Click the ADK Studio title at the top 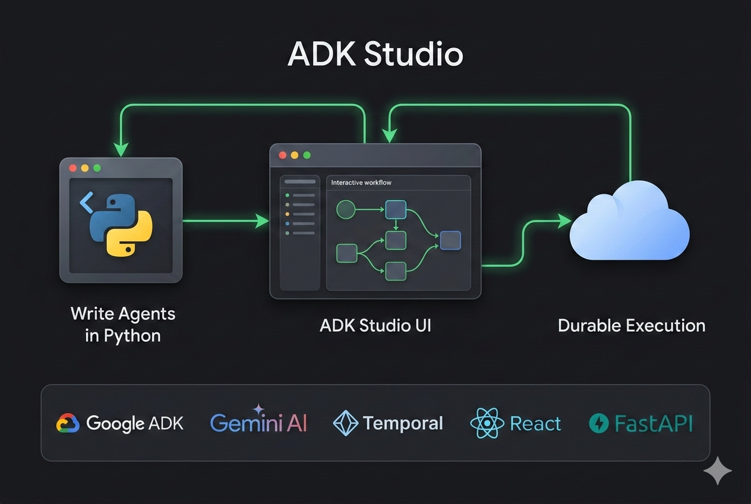click(x=375, y=55)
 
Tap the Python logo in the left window click(x=121, y=225)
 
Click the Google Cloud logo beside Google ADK click(x=68, y=423)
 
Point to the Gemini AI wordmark click(x=258, y=423)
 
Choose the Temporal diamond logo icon click(x=345, y=423)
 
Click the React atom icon click(x=487, y=423)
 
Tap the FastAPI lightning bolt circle click(x=598, y=423)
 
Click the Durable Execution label click(x=632, y=326)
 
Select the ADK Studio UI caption click(x=375, y=326)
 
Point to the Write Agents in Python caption click(x=123, y=324)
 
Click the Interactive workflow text click(x=361, y=182)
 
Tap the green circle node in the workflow click(x=346, y=209)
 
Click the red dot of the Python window click(x=73, y=168)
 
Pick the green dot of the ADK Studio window click(x=307, y=155)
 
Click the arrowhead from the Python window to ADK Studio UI click(x=262, y=221)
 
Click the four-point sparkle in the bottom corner click(x=717, y=471)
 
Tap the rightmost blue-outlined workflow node click(x=450, y=240)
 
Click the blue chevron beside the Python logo click(x=87, y=203)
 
